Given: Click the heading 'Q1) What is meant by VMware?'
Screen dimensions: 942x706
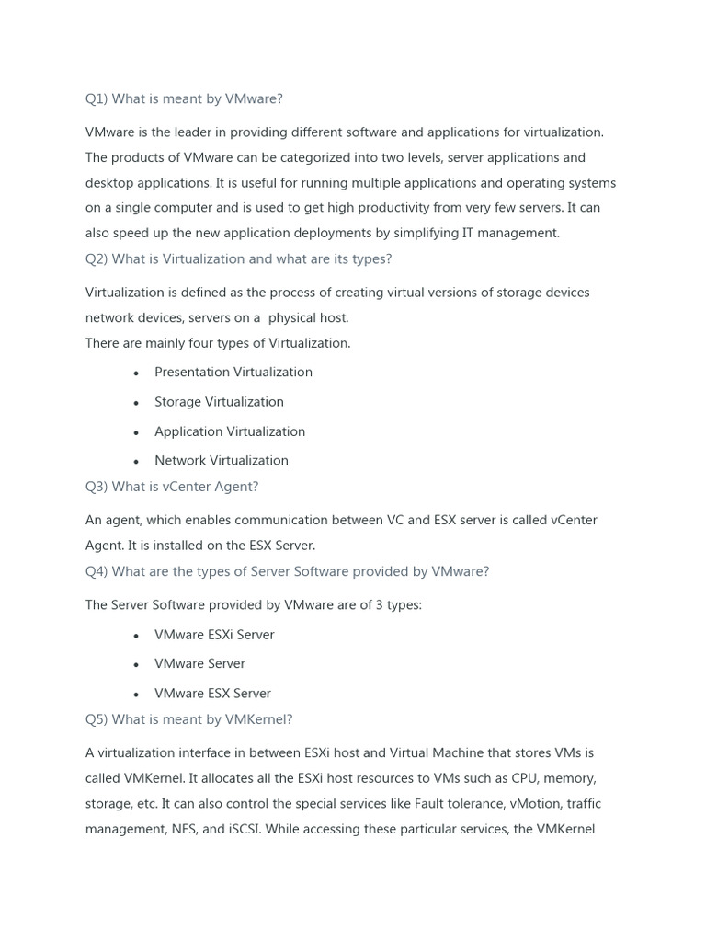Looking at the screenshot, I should coord(184,99).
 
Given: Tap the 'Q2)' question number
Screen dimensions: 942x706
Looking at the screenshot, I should coord(97,259).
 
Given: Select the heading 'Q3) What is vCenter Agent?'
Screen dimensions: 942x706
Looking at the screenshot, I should coord(172,487).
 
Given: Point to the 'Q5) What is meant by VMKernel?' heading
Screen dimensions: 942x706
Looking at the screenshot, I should coord(188,719).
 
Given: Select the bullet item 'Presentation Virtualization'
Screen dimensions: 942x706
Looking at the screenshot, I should coord(233,373).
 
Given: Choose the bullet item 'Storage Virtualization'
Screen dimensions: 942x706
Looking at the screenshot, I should coord(219,402).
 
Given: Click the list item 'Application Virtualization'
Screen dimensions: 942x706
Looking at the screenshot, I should coord(230,431).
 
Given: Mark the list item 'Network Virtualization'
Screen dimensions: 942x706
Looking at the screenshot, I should coord(222,461).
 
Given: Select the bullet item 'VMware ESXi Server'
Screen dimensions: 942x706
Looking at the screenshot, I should coord(214,635).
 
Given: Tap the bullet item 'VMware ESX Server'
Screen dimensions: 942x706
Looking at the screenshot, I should coord(212,694).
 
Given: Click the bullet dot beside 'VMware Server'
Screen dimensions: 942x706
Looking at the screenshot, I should coord(136,665).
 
